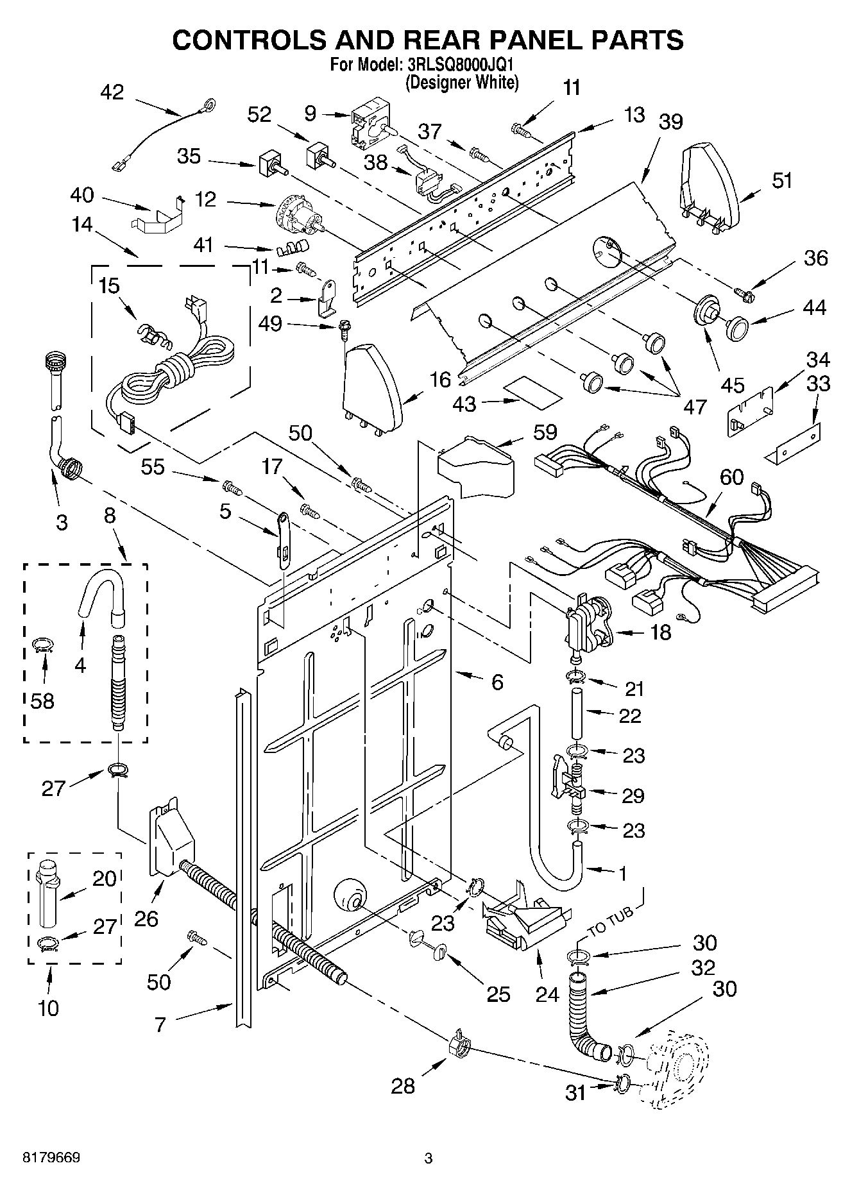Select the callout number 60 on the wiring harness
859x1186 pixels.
click(731, 477)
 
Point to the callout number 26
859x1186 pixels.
click(146, 919)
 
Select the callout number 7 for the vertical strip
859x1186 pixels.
click(160, 1024)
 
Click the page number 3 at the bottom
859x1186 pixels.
click(429, 1158)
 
